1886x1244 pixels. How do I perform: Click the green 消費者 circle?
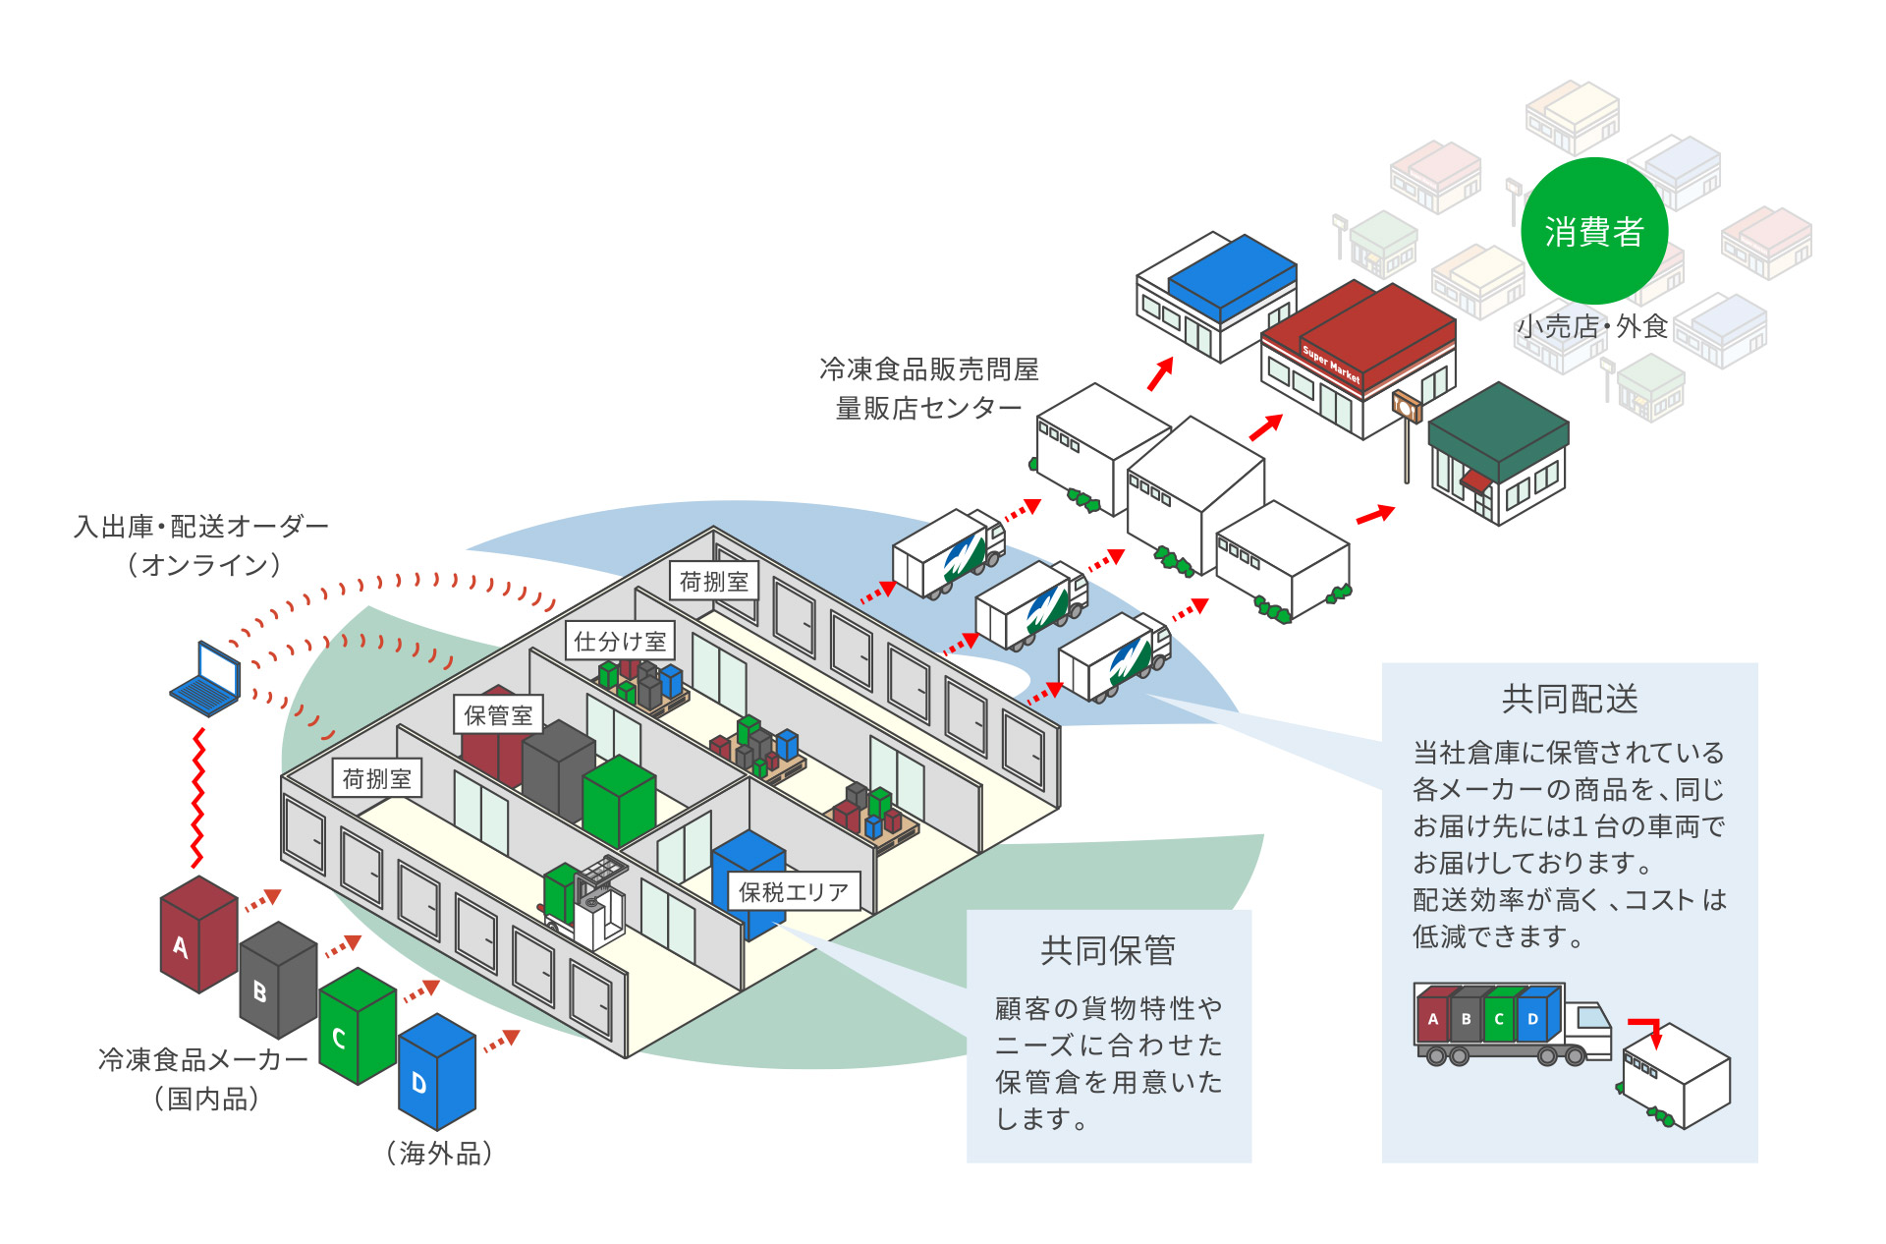[x=1593, y=232]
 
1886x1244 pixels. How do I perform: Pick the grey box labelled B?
[x=278, y=981]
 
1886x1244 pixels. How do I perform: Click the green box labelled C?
[x=358, y=1027]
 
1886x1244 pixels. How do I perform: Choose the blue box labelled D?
[x=437, y=1072]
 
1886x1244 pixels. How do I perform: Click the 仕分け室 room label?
[x=620, y=642]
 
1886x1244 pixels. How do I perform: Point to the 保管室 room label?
[x=498, y=715]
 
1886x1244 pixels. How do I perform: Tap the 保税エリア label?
[x=793, y=891]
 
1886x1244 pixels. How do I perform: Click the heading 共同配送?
[x=1569, y=700]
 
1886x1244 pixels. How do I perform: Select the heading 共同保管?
[x=1107, y=950]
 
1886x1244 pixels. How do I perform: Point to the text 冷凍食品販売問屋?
[x=928, y=369]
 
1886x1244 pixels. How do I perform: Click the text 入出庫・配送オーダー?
[x=201, y=527]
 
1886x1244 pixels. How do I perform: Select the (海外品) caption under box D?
[x=439, y=1153]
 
